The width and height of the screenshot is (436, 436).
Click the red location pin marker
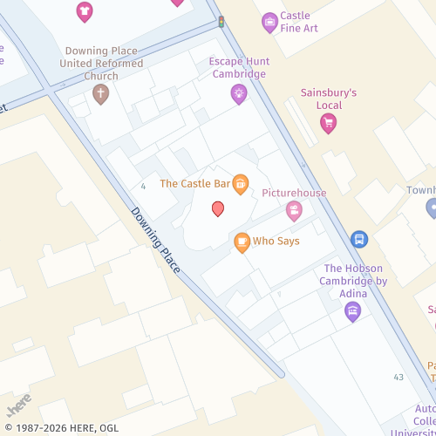[218, 208]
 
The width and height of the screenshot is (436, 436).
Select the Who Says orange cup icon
[242, 242]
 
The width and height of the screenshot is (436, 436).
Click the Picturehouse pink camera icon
[294, 210]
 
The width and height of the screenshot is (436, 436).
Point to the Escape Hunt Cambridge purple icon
[239, 94]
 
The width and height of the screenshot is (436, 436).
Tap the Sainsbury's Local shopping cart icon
[328, 123]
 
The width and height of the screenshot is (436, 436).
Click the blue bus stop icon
[358, 239]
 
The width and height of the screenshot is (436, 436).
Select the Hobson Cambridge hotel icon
[353, 310]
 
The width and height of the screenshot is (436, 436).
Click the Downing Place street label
[155, 240]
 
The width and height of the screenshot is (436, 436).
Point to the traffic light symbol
[221, 21]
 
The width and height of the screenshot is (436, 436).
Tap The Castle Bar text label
[194, 184]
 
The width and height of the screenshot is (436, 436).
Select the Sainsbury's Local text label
[328, 99]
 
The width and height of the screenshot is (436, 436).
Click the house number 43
[399, 377]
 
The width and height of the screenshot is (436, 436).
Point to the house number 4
[142, 186]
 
